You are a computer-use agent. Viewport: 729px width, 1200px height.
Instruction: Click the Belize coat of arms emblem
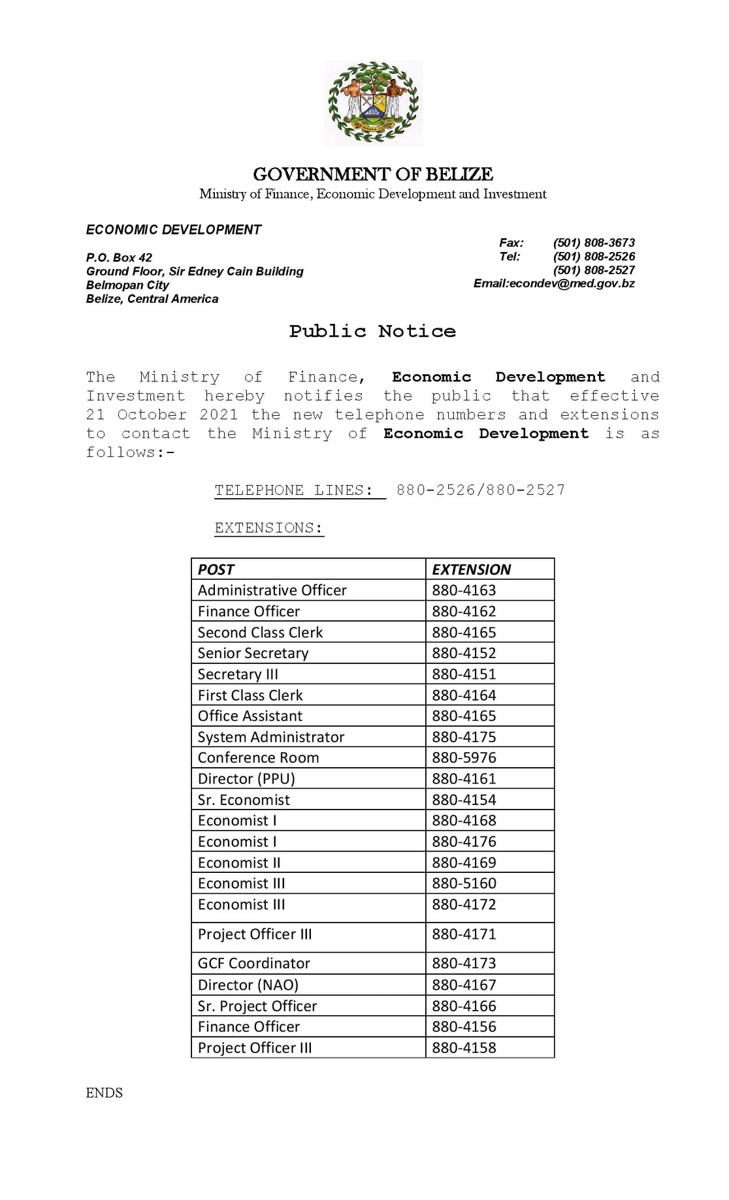tap(373, 103)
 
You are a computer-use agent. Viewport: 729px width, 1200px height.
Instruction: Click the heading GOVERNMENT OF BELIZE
tap(373, 174)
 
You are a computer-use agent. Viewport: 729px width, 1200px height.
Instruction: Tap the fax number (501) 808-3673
tap(594, 243)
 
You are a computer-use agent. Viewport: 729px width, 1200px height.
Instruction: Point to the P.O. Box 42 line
tap(119, 257)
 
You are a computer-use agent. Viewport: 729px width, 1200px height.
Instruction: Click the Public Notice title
tap(372, 331)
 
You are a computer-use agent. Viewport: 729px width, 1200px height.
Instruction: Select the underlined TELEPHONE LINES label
tap(294, 490)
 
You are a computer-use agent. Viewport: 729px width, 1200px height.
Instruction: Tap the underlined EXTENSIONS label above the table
tap(269, 528)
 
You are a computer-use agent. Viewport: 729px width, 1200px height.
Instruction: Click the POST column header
tap(216, 569)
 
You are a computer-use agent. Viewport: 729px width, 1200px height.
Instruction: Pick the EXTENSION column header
tap(472, 569)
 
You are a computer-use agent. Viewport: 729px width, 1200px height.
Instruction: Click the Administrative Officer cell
tap(272, 590)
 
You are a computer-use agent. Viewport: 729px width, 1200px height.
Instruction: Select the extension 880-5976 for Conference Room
tap(464, 757)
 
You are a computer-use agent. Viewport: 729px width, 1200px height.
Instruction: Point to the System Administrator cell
tap(271, 736)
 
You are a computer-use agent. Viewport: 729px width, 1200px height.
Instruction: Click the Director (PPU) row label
tap(246, 778)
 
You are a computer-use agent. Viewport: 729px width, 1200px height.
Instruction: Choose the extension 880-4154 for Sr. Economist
tap(464, 800)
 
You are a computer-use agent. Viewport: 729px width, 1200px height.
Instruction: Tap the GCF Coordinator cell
tap(254, 963)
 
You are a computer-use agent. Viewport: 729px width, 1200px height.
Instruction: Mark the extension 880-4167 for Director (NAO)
tap(464, 985)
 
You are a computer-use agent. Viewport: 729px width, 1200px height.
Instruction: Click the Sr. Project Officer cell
tap(257, 1005)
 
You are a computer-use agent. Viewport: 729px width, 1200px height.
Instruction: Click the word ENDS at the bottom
tap(105, 1093)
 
